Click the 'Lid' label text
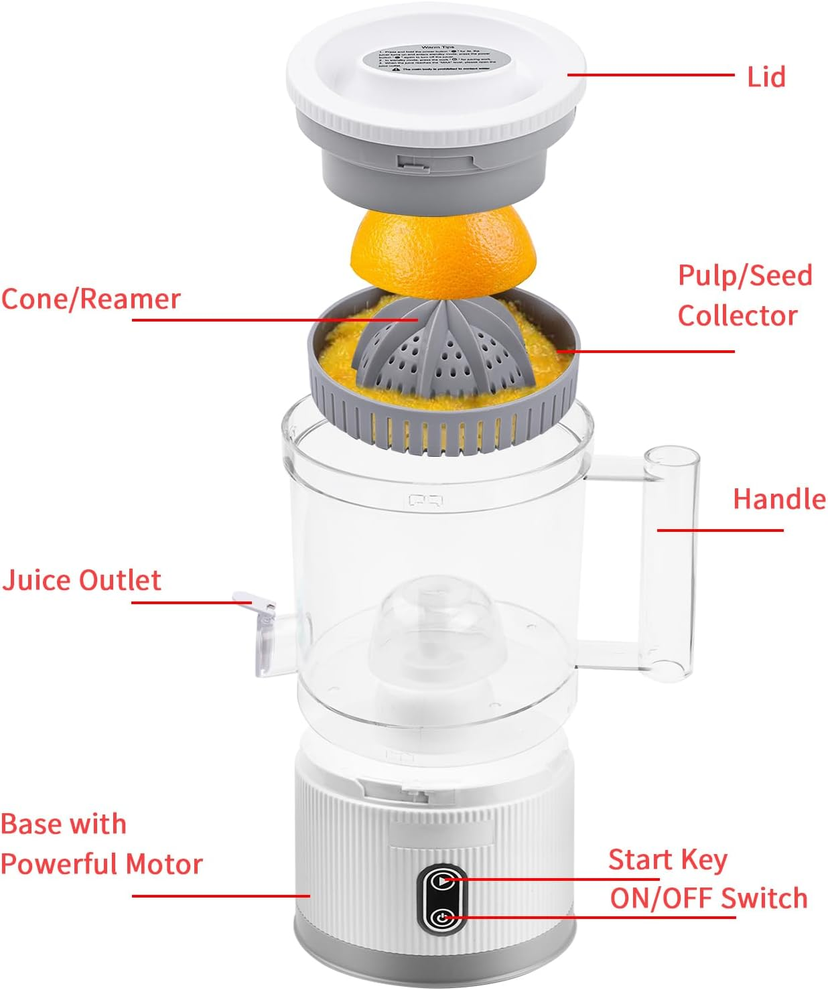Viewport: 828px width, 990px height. click(x=766, y=78)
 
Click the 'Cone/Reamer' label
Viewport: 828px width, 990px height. click(x=91, y=299)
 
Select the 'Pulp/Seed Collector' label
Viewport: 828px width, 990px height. click(x=744, y=295)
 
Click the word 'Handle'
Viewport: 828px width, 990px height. click(x=779, y=500)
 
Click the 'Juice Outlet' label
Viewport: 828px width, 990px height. click(x=82, y=580)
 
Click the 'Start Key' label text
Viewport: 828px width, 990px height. click(x=667, y=859)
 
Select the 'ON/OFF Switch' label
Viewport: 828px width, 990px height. click(x=709, y=898)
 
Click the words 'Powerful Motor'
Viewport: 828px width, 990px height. click(x=101, y=864)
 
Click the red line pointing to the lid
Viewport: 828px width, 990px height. click(x=650, y=75)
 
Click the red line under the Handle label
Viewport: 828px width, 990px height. click(x=719, y=530)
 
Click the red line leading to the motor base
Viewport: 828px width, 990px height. click(x=221, y=896)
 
